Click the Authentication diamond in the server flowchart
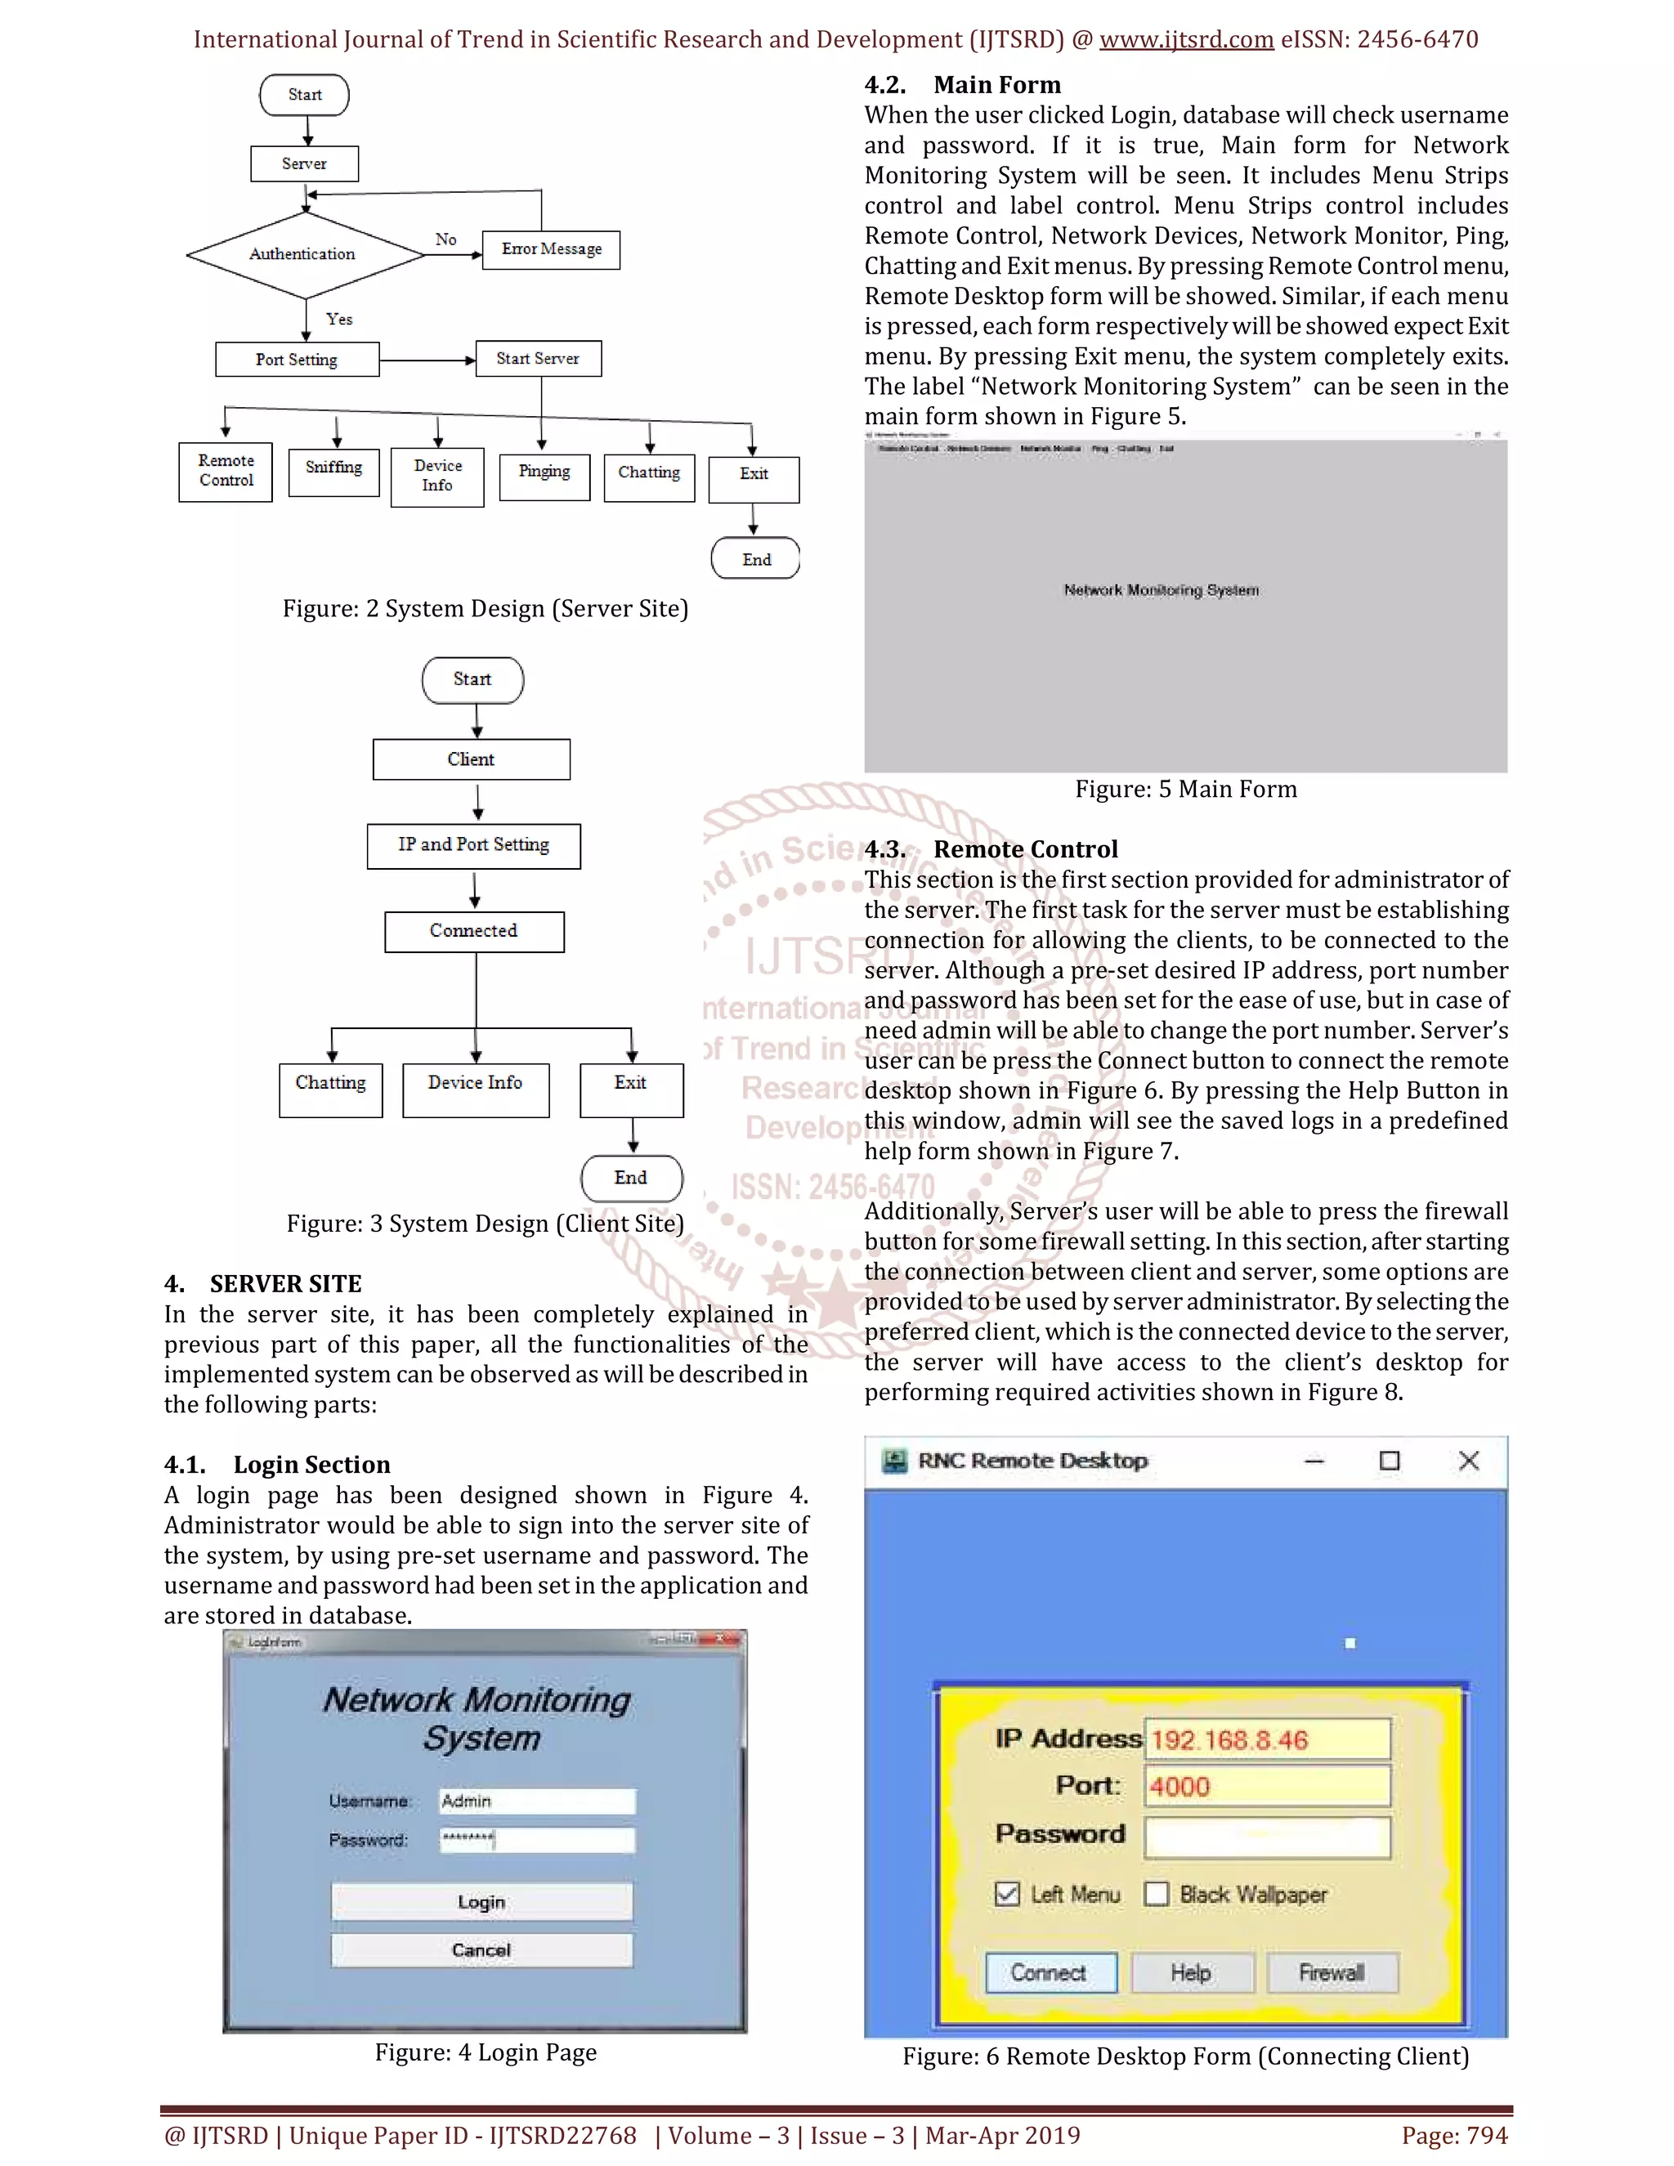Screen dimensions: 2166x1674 tap(303, 255)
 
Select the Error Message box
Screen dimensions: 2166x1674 tap(552, 250)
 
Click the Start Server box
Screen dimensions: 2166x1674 tap(538, 359)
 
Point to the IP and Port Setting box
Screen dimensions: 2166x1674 tap(474, 846)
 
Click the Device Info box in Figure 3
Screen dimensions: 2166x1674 tap(475, 1089)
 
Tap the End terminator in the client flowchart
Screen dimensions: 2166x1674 tap(631, 1178)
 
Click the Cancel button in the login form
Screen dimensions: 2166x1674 tap(482, 1949)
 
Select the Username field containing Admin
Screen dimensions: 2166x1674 tap(536, 1801)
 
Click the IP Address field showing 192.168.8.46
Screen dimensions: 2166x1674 tap(1266, 1739)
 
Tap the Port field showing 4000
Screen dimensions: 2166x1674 tap(1266, 1786)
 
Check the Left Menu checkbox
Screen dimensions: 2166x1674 tap(1006, 1895)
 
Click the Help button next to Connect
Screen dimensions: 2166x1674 tap(1190, 1972)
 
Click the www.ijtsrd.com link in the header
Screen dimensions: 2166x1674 tap(1186, 40)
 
